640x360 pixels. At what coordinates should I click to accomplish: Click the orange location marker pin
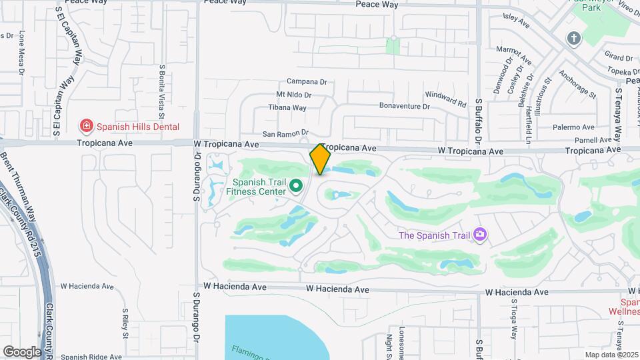[x=320, y=159]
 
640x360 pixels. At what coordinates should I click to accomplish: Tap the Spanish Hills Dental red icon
[x=85, y=126]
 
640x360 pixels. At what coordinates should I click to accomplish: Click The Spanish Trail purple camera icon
[x=479, y=234]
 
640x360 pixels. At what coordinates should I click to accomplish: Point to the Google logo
[x=22, y=351]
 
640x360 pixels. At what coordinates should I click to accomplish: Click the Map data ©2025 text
[x=610, y=355]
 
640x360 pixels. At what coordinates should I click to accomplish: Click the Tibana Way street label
[x=287, y=107]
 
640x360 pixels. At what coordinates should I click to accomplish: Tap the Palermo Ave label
[x=577, y=127]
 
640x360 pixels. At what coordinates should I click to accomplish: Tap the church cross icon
[x=573, y=39]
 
